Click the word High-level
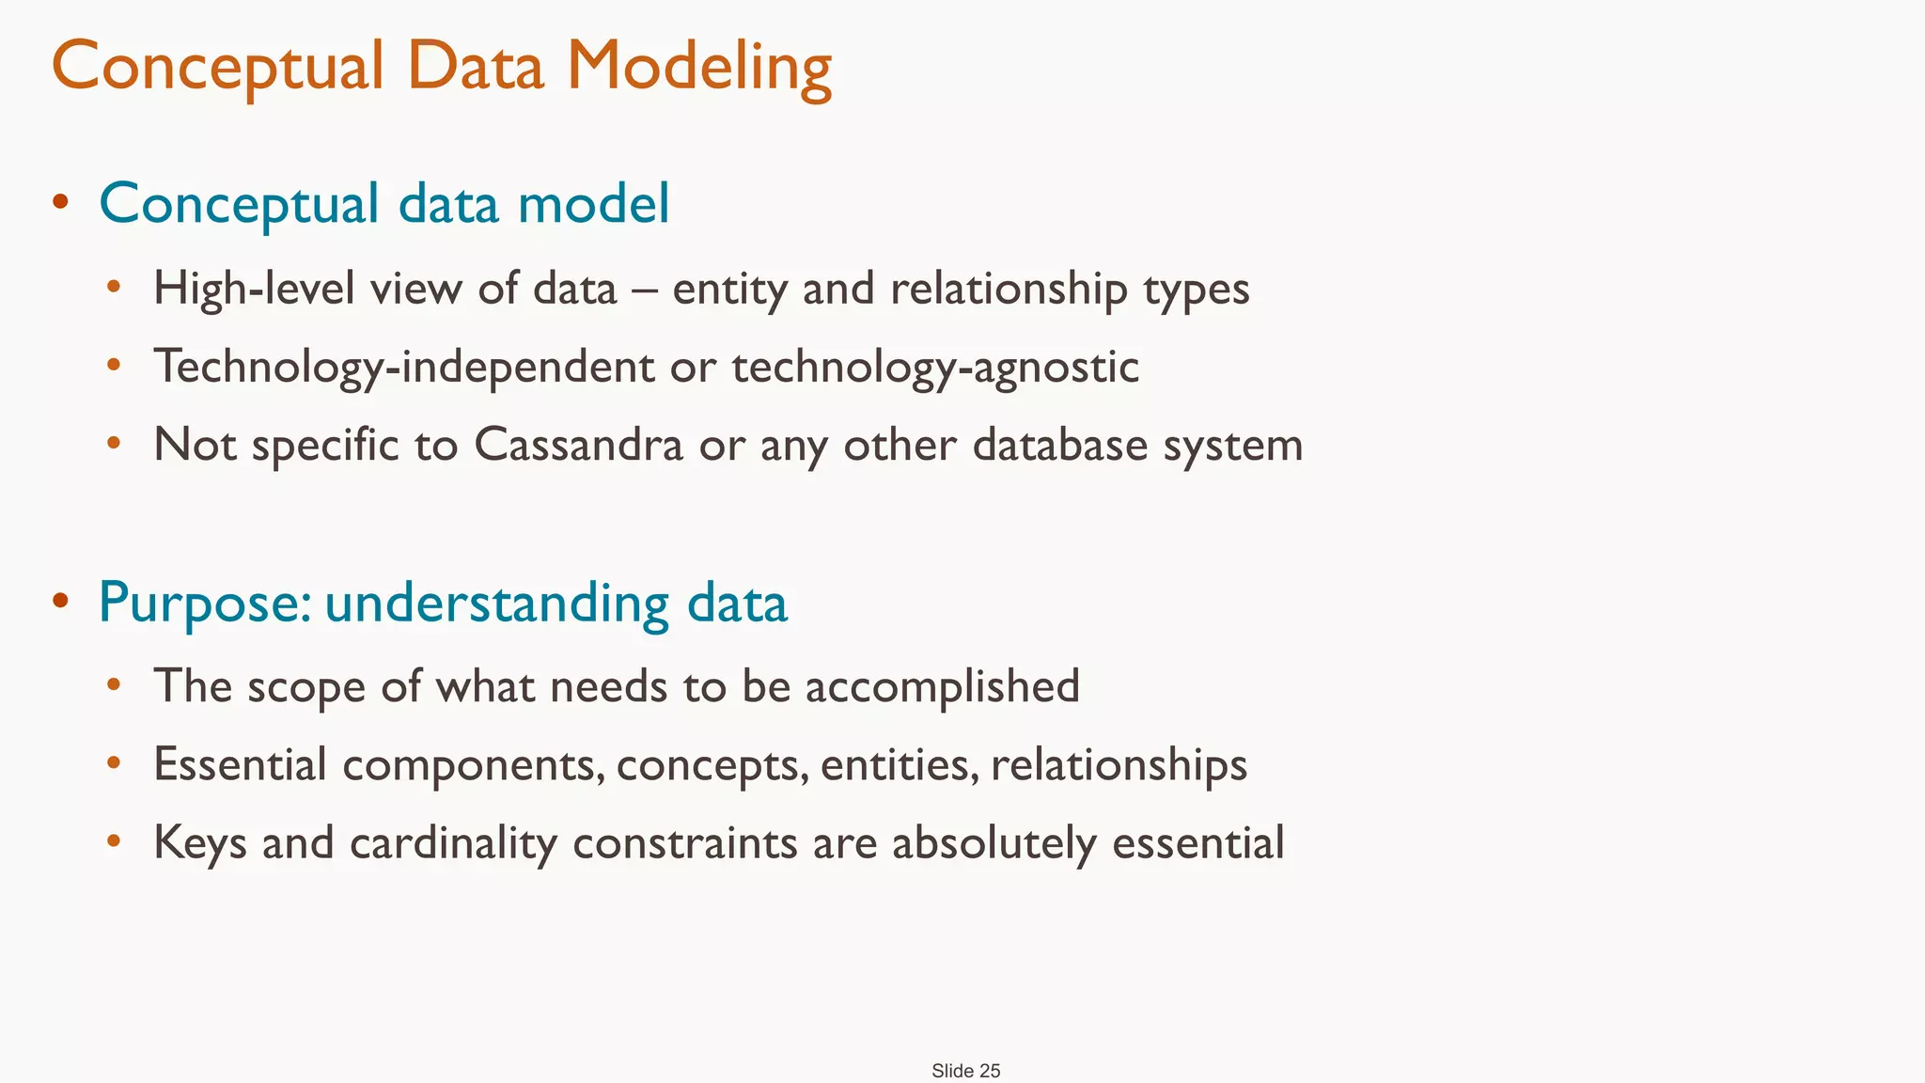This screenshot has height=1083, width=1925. pos(253,289)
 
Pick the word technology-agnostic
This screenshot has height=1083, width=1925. pos(935,367)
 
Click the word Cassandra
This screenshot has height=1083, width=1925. pos(578,445)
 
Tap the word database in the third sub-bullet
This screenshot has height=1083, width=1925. pos(1059,445)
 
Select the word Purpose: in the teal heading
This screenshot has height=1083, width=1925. pos(205,603)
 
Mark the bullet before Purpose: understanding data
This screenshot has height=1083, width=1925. pos(61,600)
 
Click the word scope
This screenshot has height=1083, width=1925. pos(305,687)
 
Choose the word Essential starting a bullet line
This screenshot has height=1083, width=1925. pos(240,764)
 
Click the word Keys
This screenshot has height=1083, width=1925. pos(199,843)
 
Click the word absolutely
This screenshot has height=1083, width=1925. pos(994,843)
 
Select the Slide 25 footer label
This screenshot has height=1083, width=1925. pos(965,1071)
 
